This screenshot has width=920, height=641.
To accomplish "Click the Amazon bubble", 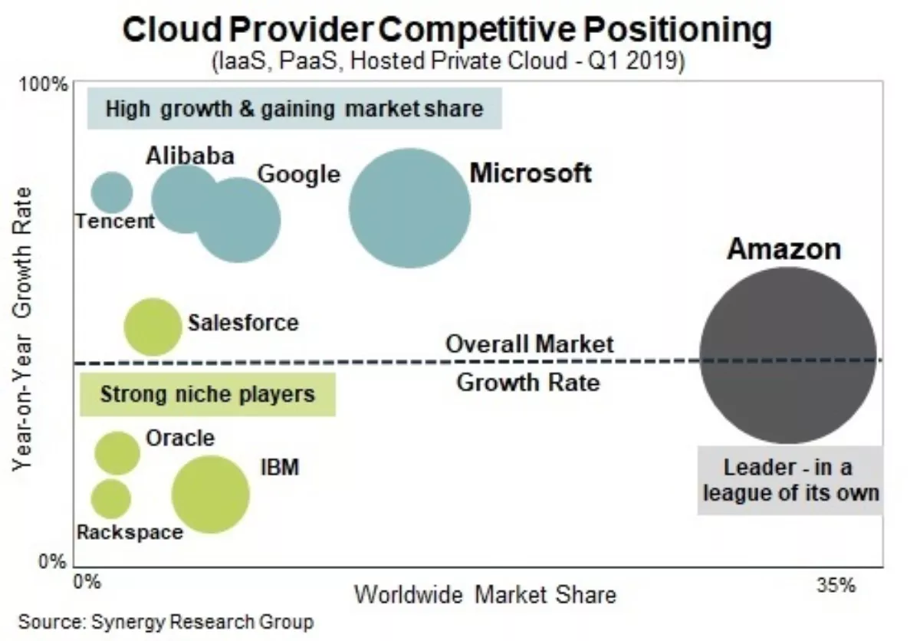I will coord(788,355).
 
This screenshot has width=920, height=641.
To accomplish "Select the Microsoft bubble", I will coord(409,208).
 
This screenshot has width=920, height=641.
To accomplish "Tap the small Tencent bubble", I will coord(112,192).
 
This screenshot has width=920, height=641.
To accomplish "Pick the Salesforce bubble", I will coord(153,327).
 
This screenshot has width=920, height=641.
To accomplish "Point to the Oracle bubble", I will coord(117,452).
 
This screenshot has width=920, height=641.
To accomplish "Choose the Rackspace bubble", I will coord(111,498).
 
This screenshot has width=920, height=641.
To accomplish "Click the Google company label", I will coord(298,174).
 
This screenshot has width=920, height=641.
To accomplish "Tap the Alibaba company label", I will coord(189,156).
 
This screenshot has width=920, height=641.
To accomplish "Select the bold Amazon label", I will coord(784,249).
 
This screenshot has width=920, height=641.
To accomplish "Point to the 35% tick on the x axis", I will coord(836,586).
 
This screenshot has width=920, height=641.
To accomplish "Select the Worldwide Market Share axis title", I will coord(485,594).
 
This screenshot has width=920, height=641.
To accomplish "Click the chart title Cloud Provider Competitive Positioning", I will coord(447,31).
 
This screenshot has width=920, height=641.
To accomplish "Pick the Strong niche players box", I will coord(208,394).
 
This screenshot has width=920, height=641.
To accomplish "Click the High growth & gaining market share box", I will coord(294,109).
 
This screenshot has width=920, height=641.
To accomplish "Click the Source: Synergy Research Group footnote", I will coord(166,621).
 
